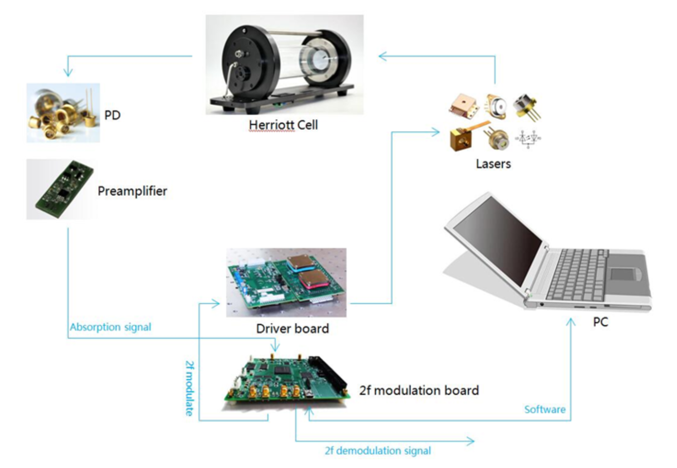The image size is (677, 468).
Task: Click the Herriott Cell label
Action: pos(283,125)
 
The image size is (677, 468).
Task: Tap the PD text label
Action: pos(112,115)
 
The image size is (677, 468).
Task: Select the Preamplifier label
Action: pos(132,191)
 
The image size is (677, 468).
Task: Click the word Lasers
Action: pos(493,164)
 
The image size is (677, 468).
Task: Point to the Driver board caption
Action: pos(292,329)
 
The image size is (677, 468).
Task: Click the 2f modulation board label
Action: pos(419,390)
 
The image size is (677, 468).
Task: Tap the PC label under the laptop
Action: pos(600,322)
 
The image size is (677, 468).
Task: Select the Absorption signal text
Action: pos(110,327)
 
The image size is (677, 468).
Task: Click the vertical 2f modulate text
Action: pos(189,388)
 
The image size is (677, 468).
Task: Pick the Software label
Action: pos(545,410)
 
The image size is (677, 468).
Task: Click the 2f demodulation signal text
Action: pos(378,451)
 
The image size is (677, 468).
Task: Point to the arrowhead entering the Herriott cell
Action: pos(382,56)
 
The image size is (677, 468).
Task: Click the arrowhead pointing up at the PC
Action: pos(570,322)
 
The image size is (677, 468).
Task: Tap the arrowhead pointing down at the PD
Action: pos(68,73)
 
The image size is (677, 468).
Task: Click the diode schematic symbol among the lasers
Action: pos(528,139)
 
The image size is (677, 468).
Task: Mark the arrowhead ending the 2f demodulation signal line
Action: pos(471,441)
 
